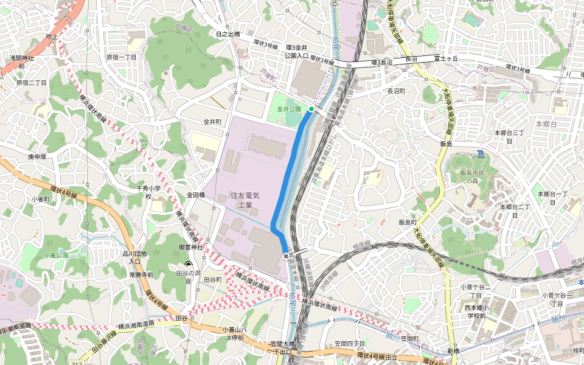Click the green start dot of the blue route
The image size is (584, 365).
[x=311, y=109]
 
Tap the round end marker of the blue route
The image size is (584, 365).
[x=285, y=257]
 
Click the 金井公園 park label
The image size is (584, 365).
[x=289, y=109]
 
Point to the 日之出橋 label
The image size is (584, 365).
[x=228, y=34]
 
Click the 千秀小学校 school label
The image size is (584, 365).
[x=148, y=192]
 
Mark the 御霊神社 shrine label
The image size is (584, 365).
[x=190, y=247]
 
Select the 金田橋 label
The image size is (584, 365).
[x=196, y=195]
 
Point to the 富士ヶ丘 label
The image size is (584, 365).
[x=445, y=59]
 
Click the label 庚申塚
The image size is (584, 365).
[x=36, y=156]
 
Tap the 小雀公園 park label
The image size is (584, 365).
[x=57, y=255]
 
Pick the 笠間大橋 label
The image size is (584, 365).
[x=283, y=344]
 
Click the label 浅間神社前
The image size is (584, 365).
[x=22, y=61]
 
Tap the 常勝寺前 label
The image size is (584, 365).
[x=141, y=275]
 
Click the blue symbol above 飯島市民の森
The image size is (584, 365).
[x=480, y=153]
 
